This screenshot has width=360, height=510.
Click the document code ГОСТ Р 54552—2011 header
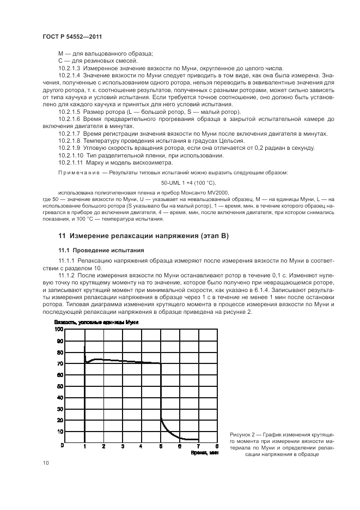(72, 36)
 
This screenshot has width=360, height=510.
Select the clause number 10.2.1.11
(70, 162)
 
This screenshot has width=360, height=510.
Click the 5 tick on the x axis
(161, 446)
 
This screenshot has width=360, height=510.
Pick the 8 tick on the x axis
(217, 446)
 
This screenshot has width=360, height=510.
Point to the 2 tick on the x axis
(103, 446)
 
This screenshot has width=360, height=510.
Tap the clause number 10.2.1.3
(69, 68)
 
